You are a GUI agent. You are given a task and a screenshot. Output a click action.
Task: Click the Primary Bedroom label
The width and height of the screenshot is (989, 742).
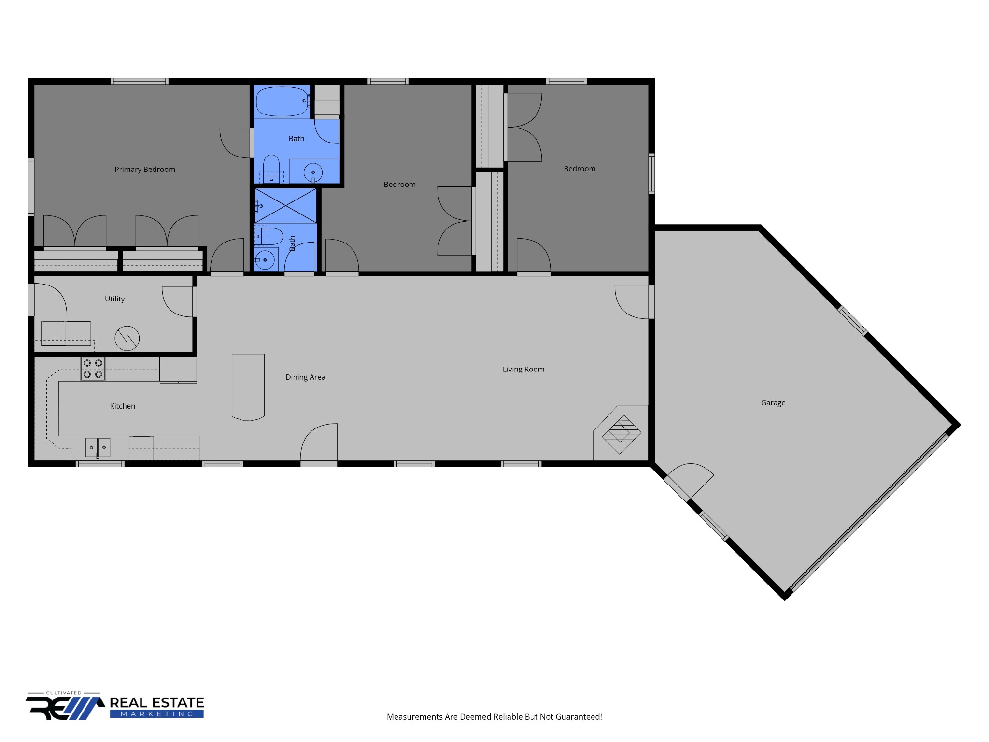(145, 170)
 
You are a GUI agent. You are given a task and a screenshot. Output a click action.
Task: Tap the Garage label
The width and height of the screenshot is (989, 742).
(773, 403)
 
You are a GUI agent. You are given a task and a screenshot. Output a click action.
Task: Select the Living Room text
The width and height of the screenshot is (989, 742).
(523, 370)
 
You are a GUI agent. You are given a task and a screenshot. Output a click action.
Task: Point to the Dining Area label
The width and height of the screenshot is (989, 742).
(305, 377)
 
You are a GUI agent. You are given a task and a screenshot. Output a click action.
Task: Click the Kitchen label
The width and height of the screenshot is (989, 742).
(122, 406)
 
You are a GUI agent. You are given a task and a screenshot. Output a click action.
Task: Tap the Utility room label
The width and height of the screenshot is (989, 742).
(114, 299)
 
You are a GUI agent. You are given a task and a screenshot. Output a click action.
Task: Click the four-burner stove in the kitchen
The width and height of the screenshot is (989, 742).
(93, 369)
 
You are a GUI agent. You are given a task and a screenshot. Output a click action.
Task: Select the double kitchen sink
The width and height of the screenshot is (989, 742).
(98, 447)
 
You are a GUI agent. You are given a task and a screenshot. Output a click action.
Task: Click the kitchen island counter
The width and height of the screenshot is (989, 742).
(248, 386)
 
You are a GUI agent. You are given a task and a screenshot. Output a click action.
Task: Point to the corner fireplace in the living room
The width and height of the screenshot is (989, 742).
(622, 434)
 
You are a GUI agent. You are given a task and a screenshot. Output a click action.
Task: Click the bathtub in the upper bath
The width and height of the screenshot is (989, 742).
(282, 101)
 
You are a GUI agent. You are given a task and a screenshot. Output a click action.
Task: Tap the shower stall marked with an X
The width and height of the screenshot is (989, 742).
(285, 206)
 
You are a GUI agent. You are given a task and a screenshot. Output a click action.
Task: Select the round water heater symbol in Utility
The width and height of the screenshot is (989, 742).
(127, 338)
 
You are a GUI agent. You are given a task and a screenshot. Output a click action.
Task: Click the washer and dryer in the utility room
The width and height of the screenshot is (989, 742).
(66, 333)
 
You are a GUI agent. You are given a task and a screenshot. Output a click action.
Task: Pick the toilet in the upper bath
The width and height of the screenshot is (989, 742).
(271, 169)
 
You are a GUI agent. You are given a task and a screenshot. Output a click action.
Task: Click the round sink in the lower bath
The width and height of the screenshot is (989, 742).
(265, 260)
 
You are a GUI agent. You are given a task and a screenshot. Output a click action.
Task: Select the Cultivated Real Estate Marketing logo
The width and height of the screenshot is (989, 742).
(115, 706)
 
